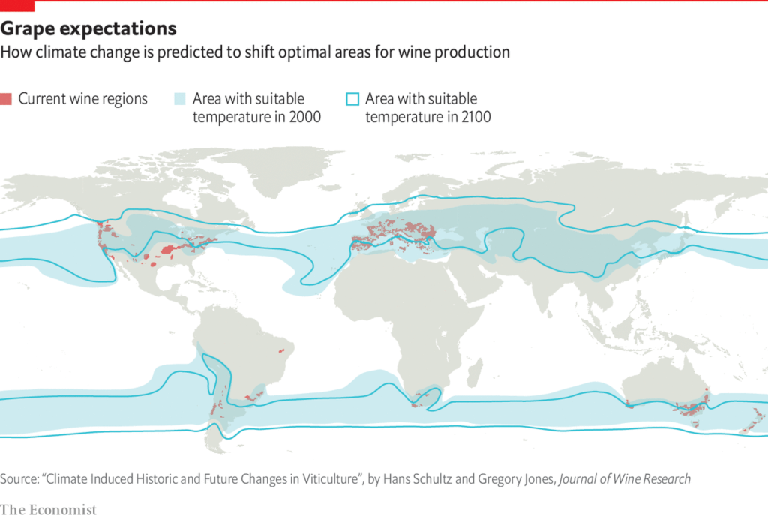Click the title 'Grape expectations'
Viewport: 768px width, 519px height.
[88, 29]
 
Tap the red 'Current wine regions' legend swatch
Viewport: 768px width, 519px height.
[6, 99]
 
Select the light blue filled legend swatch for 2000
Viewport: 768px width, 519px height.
[179, 99]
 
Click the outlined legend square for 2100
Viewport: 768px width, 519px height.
[352, 99]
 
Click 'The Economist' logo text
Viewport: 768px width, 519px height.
[49, 510]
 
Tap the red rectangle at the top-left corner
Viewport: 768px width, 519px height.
[17, 5]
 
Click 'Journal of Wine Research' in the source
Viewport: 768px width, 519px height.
[624, 478]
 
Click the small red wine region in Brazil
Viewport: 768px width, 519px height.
[282, 350]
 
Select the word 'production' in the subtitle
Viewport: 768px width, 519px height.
[475, 52]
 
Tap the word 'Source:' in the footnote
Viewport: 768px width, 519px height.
[22, 478]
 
